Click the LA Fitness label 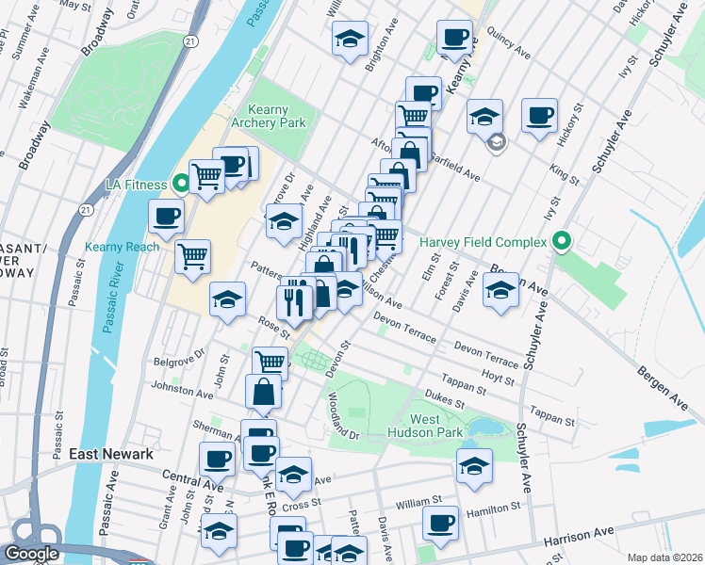pyautogui.click(x=130, y=184)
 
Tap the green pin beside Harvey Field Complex pyautogui.click(x=563, y=243)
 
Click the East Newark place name pyautogui.click(x=111, y=454)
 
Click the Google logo pyautogui.click(x=30, y=554)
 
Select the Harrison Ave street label pyautogui.click(x=590, y=541)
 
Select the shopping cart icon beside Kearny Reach pyautogui.click(x=193, y=254)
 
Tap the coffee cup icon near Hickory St pyautogui.click(x=539, y=115)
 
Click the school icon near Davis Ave pyautogui.click(x=500, y=290)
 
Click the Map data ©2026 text pyautogui.click(x=665, y=557)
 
